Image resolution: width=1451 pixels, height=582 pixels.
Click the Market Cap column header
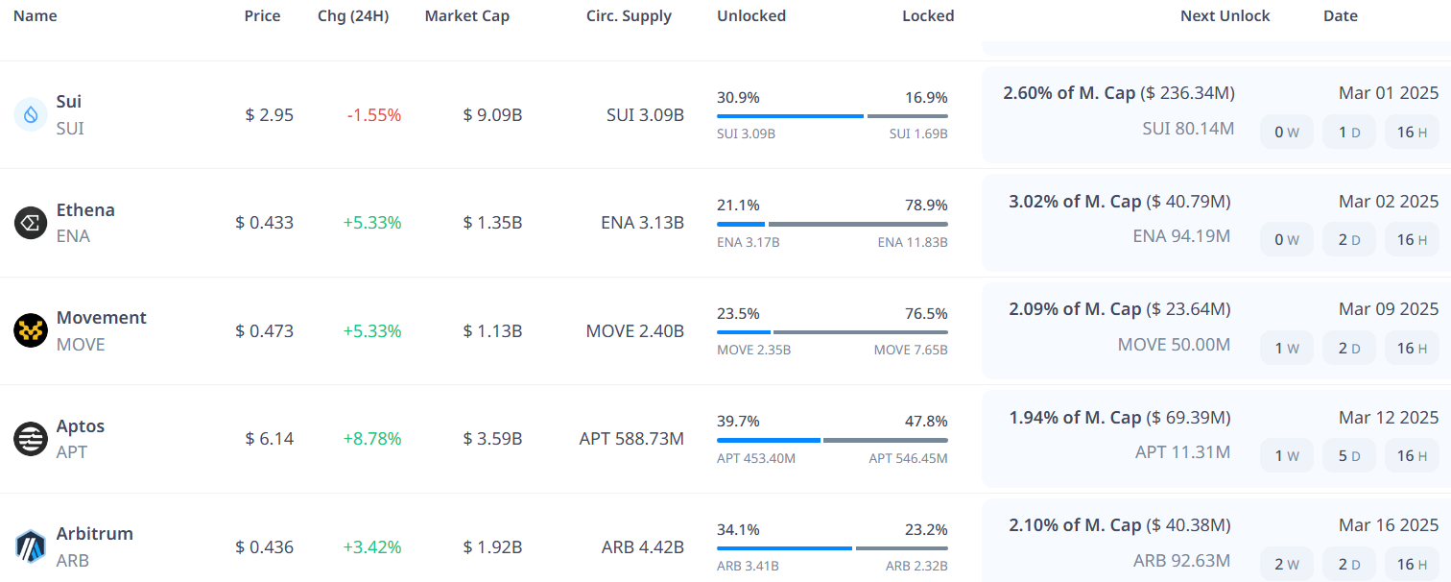point(467,16)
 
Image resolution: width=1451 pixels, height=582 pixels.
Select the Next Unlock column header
point(1225,16)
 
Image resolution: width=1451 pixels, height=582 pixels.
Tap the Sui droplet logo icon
point(31,114)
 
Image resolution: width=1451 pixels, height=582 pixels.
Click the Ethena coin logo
point(31,223)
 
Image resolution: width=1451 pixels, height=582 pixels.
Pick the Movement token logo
point(31,330)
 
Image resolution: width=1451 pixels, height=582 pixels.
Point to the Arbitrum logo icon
point(31,546)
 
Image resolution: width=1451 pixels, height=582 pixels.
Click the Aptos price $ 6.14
point(269,439)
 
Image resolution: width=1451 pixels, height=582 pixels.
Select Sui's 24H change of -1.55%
point(374,115)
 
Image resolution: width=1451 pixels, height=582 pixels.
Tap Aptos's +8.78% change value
point(372,439)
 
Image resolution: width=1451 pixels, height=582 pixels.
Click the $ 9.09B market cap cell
point(492,115)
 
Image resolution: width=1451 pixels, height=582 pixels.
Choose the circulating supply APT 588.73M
point(631,439)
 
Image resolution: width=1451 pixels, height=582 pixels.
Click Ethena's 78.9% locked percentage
point(926,206)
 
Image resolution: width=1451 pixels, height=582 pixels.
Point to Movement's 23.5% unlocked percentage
point(738,313)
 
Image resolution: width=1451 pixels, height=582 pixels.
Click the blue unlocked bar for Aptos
point(768,440)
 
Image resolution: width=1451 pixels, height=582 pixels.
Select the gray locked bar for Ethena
point(858,225)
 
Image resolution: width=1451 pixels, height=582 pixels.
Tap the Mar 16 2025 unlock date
point(1389,525)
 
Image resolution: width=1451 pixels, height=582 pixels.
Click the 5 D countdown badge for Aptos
point(1348,456)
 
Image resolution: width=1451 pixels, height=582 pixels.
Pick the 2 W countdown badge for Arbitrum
point(1286,564)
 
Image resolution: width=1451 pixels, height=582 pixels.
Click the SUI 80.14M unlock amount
point(1188,128)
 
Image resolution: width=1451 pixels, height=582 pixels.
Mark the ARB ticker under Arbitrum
point(73,560)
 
